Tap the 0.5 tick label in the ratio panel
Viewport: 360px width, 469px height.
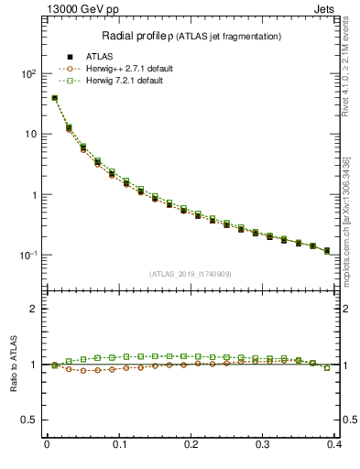(x=29, y=420)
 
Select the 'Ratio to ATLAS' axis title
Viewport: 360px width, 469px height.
(x=12, y=364)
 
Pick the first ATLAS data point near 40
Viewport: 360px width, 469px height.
(x=54, y=98)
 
